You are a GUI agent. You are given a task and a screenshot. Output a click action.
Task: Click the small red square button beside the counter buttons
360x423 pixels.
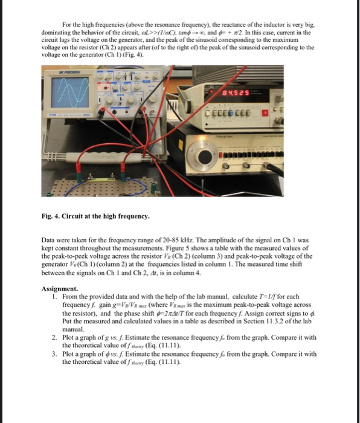(x=265, y=112)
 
